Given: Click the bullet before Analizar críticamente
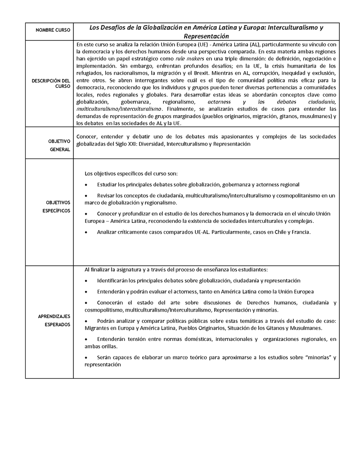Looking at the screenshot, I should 86,233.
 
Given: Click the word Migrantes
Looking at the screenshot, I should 99,328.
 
